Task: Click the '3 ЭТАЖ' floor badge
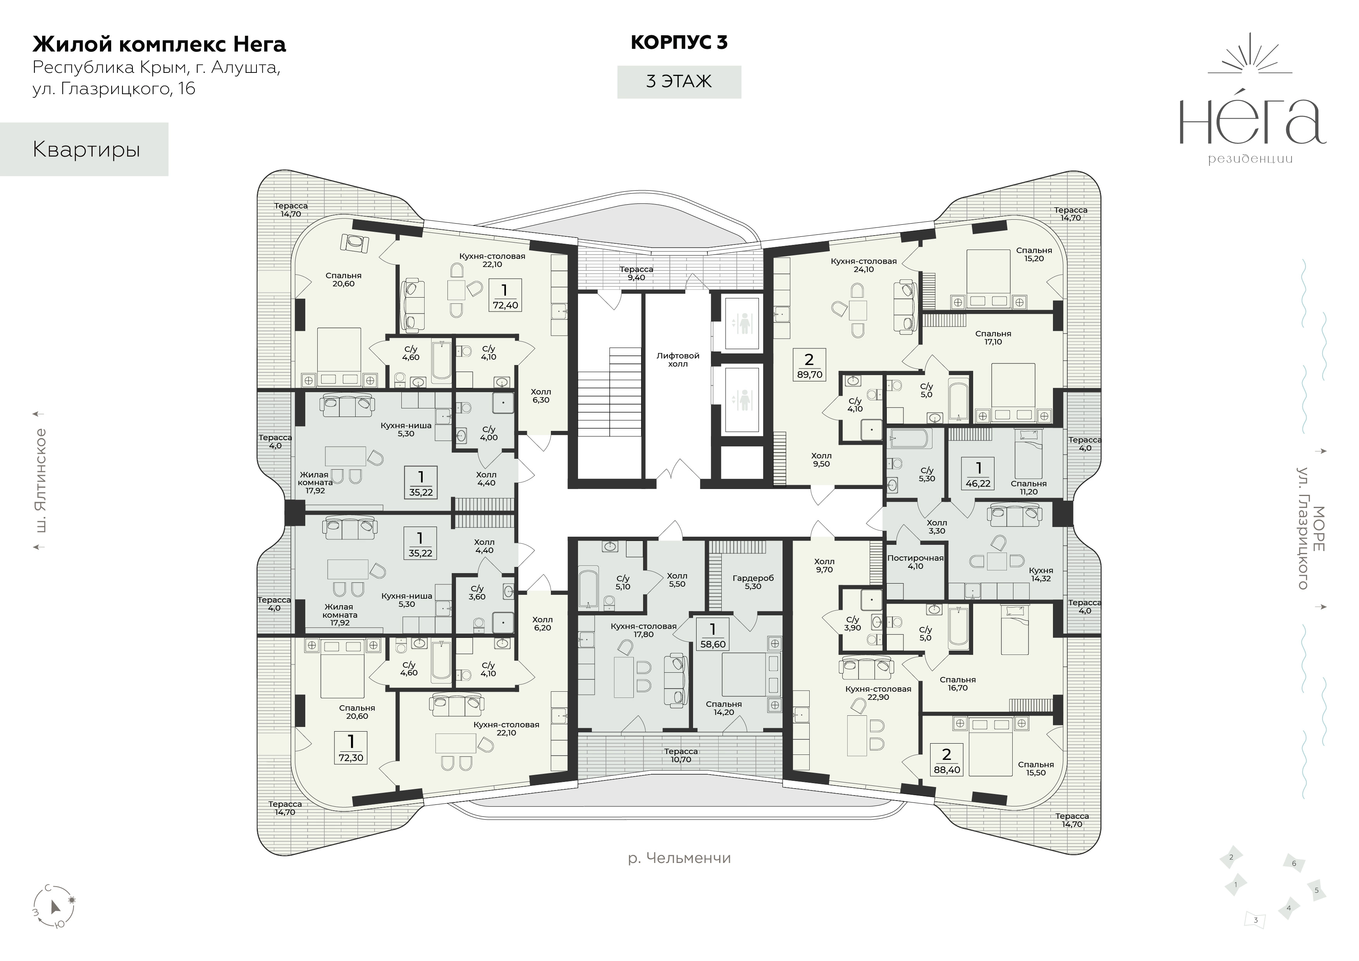(679, 82)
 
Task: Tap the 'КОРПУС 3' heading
(679, 43)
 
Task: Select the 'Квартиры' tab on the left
(84, 149)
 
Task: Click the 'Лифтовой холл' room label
(678, 360)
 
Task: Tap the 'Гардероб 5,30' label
(753, 582)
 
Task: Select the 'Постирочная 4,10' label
(915, 562)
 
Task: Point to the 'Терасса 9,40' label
(636, 273)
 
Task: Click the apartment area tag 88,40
(946, 761)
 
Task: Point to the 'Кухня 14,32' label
(1041, 574)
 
